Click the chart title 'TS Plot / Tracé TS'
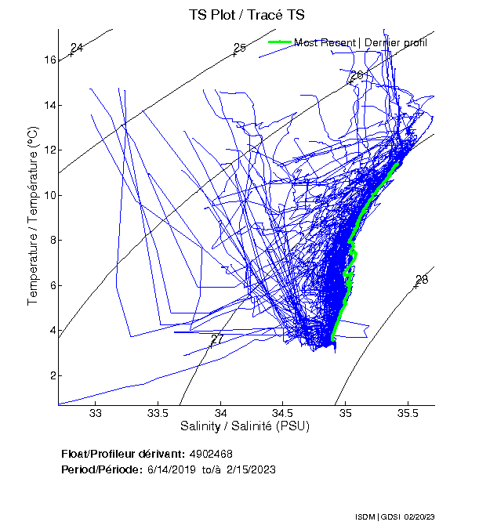(x=247, y=14)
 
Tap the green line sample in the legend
(x=280, y=42)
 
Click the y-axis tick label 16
(x=49, y=60)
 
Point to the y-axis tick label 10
(x=49, y=195)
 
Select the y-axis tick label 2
(x=53, y=375)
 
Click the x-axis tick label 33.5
(x=158, y=412)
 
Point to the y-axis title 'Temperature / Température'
(x=34, y=217)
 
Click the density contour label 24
(x=76, y=49)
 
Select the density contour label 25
(x=240, y=49)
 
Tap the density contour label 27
(x=217, y=339)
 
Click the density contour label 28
(x=422, y=281)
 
